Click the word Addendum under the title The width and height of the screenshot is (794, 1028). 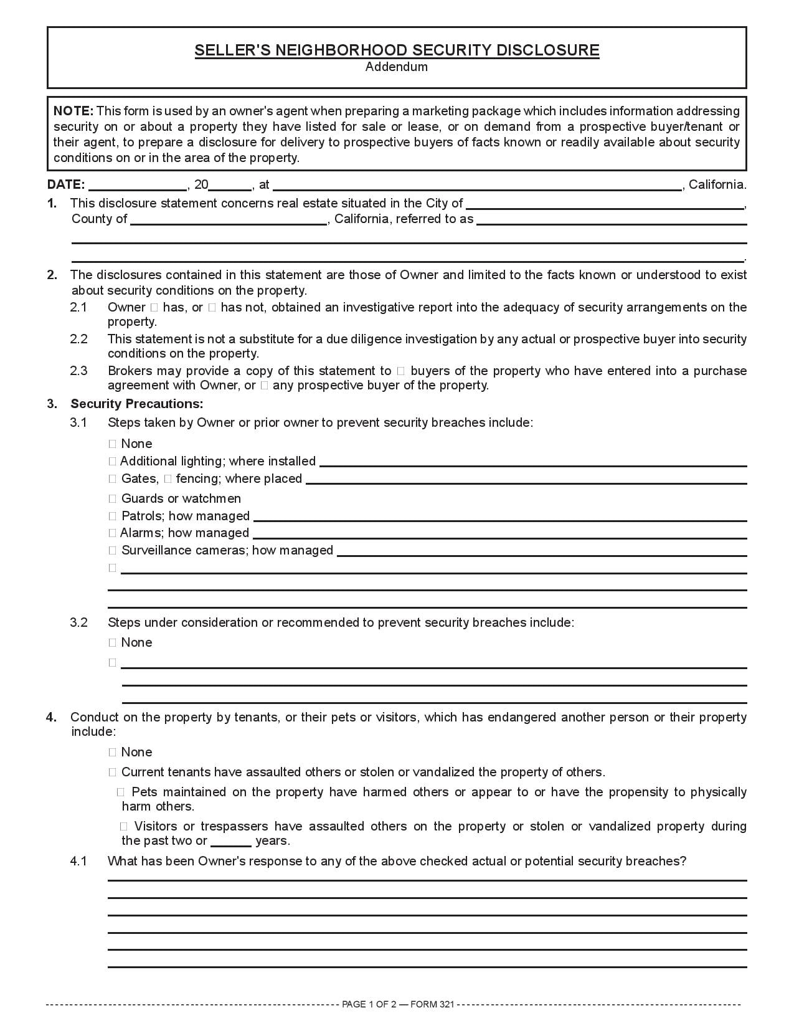point(396,67)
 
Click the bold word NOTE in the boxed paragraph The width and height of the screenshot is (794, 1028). point(73,112)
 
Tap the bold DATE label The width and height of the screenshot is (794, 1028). point(65,184)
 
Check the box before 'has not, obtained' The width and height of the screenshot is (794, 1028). point(212,307)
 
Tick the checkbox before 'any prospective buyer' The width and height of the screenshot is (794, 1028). point(264,386)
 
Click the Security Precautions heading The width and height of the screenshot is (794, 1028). point(137,404)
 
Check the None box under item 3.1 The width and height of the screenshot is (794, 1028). point(113,444)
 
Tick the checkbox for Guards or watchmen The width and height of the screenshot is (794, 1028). point(113,499)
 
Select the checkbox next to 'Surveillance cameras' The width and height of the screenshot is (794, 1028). point(113,551)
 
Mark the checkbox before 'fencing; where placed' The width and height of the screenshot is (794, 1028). point(168,479)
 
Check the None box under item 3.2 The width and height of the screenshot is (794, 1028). point(113,643)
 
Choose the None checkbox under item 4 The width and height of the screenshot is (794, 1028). point(113,753)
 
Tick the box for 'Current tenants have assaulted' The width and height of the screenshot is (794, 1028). point(113,773)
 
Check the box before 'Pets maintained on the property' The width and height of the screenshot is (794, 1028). point(121,792)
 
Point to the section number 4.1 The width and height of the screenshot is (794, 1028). point(78,862)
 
